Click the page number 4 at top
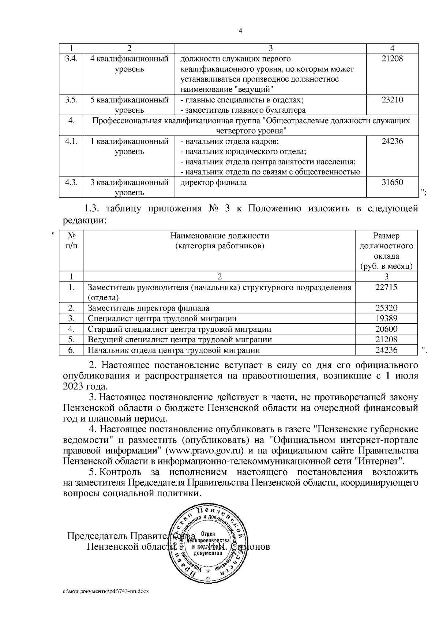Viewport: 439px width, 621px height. [x=240, y=31]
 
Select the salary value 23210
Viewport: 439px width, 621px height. [x=392, y=100]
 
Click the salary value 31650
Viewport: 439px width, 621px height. [x=392, y=182]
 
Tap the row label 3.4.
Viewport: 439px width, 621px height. [x=71, y=59]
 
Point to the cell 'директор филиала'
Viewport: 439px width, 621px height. [x=214, y=182]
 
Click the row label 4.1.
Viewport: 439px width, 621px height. [x=71, y=141]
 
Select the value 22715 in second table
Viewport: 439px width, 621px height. [x=386, y=287]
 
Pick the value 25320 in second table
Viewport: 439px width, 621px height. [x=386, y=308]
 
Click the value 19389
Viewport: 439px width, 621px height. [x=386, y=319]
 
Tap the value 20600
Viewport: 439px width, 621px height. [x=386, y=329]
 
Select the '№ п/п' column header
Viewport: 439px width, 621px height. [x=71, y=241]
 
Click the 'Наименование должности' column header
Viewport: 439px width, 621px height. [x=219, y=236]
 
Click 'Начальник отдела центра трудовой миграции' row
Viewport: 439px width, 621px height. [x=174, y=350]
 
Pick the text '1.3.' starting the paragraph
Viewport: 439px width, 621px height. [x=92, y=209]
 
